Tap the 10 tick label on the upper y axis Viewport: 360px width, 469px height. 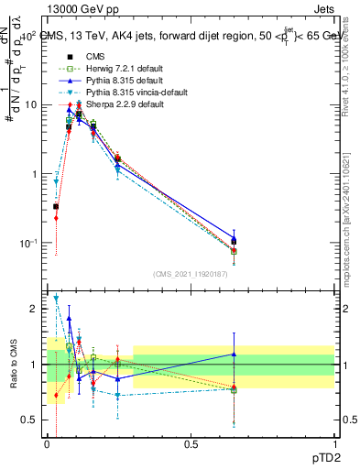coord(31,104)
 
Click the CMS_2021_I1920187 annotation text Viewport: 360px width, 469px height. coord(191,274)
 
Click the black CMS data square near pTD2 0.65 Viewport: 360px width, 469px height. coord(234,241)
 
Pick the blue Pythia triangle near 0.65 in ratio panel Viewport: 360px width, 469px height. coord(234,354)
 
